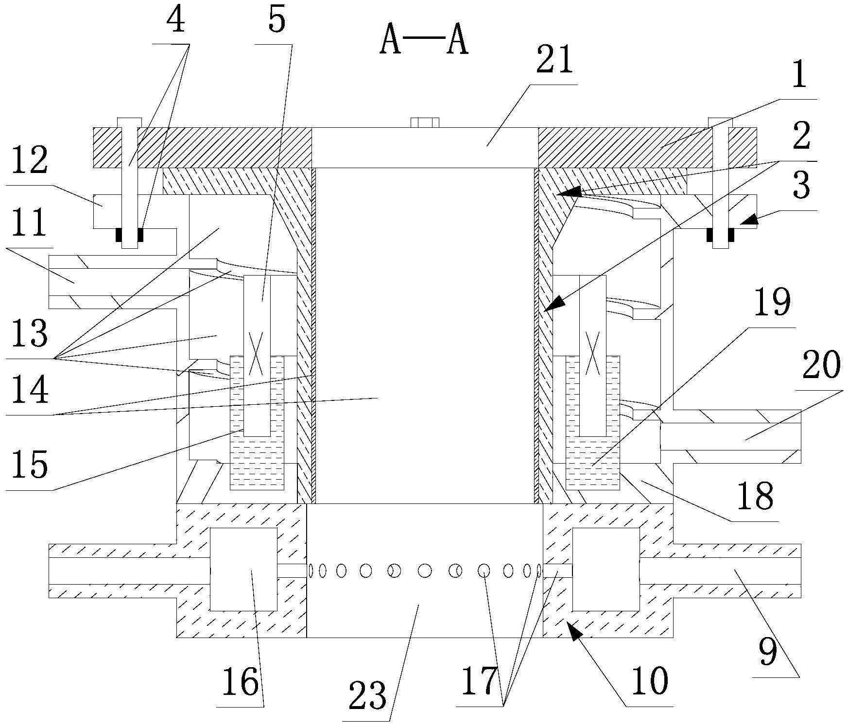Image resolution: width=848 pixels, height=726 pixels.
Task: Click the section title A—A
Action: pos(424,41)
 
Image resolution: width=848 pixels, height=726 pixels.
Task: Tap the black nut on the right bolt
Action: pos(720,235)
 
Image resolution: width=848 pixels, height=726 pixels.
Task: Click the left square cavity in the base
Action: pos(243,569)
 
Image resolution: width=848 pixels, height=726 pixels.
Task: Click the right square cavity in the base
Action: pos(606,569)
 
